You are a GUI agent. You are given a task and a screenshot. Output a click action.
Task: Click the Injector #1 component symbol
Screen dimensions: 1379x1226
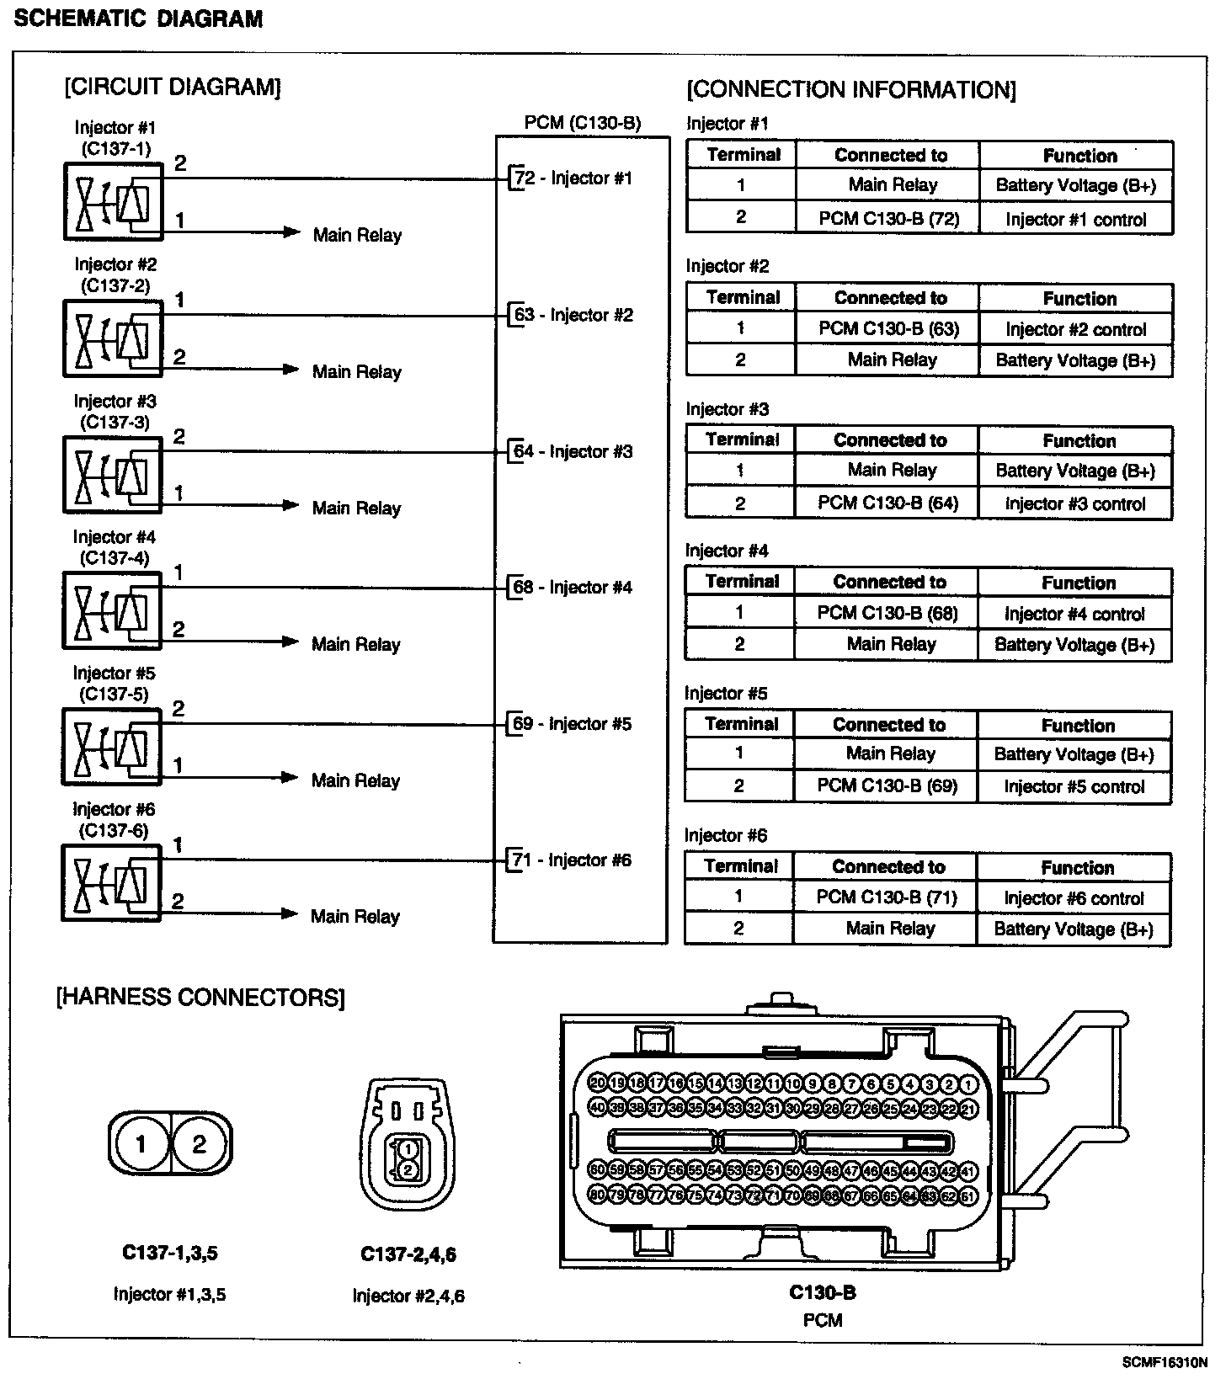[112, 201]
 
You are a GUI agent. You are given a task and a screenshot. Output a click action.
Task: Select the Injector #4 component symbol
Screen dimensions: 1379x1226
[111, 610]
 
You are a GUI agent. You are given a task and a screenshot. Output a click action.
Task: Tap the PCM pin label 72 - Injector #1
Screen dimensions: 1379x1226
[573, 178]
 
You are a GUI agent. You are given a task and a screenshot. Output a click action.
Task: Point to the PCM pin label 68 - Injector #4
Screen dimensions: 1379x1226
[573, 588]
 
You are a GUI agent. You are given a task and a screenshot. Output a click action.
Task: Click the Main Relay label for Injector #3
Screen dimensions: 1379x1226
[356, 508]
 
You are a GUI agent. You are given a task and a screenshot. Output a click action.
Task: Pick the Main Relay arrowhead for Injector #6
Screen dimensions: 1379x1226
[290, 914]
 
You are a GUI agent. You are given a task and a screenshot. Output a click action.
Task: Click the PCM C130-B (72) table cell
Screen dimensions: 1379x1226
[888, 219]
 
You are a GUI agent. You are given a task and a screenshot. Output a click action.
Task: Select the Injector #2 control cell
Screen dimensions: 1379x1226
[1075, 330]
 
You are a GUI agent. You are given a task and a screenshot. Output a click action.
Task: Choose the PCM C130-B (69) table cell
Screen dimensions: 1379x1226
[887, 786]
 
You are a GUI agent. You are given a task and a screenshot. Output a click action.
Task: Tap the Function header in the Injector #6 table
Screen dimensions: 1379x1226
[1077, 868]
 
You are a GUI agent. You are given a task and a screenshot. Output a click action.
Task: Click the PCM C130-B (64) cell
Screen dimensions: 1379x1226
[888, 503]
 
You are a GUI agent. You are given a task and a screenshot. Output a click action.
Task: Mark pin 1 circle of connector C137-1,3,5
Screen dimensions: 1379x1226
[140, 1144]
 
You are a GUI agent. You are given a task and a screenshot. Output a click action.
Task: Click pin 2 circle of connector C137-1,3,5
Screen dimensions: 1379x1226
[200, 1144]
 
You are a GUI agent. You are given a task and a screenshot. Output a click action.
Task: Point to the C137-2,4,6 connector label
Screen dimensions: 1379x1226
[408, 1255]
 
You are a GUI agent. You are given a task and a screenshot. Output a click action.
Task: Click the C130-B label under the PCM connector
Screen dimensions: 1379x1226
[822, 1292]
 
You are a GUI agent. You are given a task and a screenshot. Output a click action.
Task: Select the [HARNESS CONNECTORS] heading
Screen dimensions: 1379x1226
[200, 998]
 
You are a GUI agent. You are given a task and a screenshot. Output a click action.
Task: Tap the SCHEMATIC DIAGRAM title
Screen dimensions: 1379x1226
[139, 19]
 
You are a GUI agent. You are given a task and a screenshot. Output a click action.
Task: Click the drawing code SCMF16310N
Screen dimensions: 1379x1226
[1165, 1362]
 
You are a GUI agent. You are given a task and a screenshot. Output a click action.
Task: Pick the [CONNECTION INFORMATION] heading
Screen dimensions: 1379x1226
[851, 90]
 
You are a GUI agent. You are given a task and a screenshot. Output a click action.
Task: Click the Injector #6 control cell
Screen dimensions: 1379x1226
[1074, 899]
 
